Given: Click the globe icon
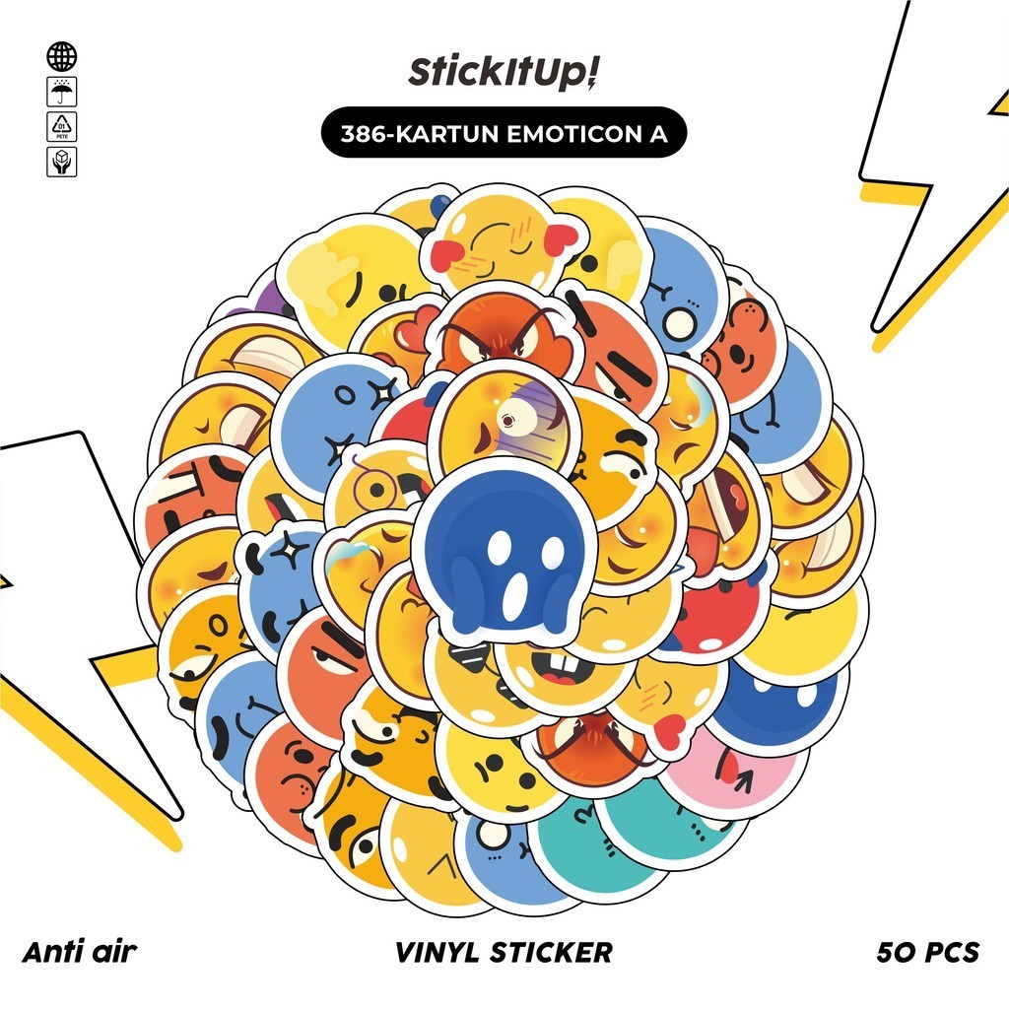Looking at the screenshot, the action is (61, 57).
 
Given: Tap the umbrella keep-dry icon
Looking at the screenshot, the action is (61, 93).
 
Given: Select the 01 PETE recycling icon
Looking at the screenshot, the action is (61, 127).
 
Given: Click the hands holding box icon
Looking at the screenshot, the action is (61, 162).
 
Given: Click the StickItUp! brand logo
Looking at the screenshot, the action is (504, 76).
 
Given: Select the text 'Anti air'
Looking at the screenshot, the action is (78, 952).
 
